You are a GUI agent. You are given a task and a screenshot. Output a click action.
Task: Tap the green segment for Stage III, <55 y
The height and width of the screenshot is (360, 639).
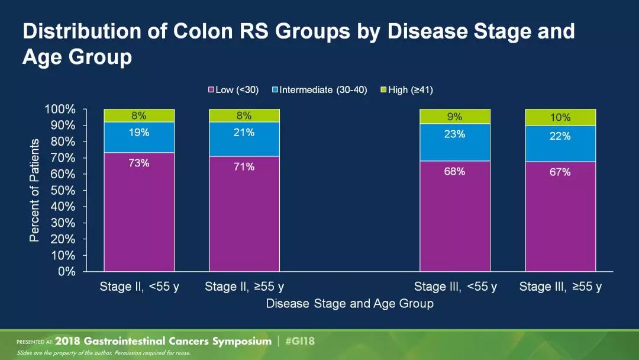pos(455,117)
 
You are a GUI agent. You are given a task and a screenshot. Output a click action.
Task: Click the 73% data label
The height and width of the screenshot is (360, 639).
pos(139,163)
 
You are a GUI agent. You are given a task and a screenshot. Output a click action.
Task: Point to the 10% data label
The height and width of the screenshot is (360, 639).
pos(560,117)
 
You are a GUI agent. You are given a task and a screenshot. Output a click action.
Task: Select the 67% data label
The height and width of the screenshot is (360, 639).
pos(560,172)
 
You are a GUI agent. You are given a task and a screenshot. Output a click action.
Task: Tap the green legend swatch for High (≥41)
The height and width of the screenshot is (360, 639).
pos(383,90)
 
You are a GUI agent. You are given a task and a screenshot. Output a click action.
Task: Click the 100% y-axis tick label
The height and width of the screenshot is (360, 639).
pos(60,110)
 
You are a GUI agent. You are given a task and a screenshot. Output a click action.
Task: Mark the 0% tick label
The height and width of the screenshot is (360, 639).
pos(66,272)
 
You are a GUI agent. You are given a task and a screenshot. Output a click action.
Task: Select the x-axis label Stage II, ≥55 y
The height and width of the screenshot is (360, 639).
pos(244,287)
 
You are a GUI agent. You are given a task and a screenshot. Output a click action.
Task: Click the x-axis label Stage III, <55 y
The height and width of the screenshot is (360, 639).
pos(456,287)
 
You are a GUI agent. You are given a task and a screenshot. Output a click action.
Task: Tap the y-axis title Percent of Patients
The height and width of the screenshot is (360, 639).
pos(34,190)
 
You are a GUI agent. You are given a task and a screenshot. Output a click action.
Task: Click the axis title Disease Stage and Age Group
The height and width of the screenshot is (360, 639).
pos(350,304)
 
